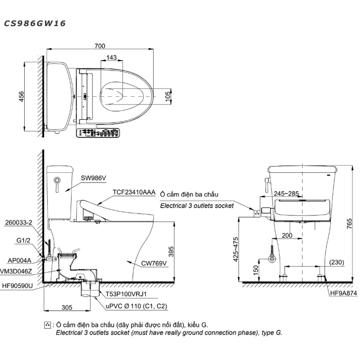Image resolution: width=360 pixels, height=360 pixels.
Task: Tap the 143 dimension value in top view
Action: point(111,57)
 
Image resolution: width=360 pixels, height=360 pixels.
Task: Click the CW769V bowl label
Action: point(155,263)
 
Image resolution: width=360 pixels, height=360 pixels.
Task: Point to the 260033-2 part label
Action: point(18,222)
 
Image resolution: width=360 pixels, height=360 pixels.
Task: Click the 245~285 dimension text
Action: point(286,194)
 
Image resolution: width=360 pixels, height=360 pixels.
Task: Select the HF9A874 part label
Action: point(343,293)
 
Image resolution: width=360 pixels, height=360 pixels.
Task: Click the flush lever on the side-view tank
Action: point(56,185)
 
